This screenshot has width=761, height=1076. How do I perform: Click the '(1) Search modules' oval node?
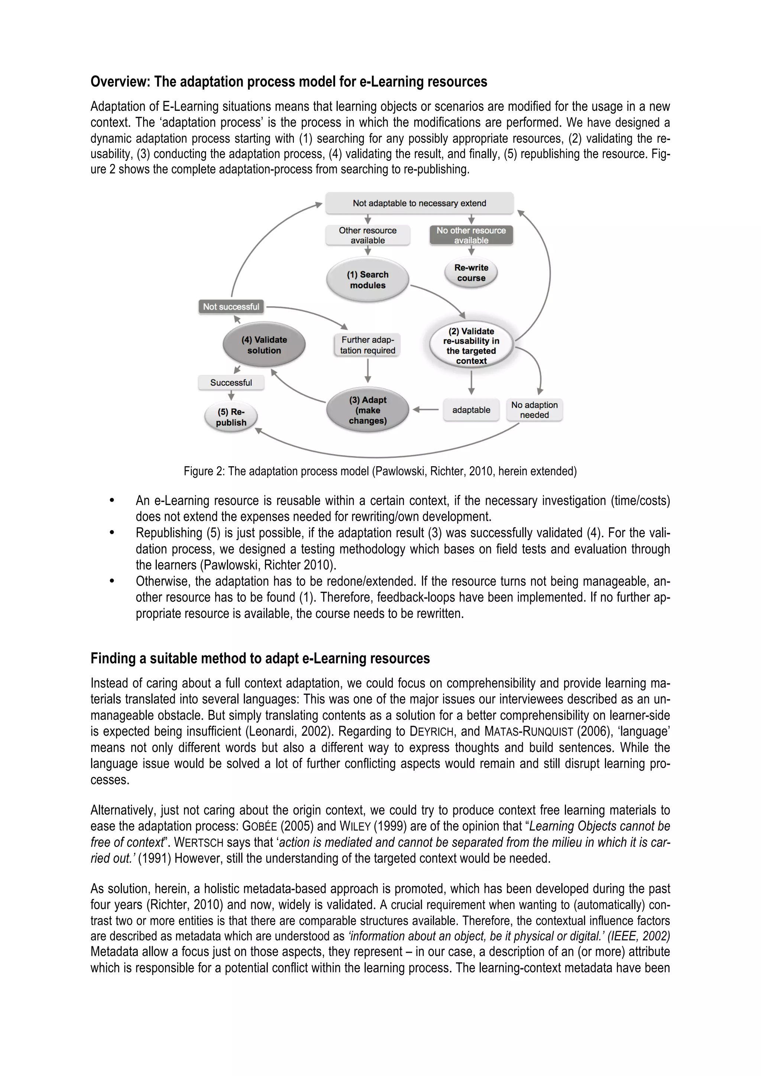(x=367, y=280)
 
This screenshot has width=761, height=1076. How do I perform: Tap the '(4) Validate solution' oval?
(x=264, y=345)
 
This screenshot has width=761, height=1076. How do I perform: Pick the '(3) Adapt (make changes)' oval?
(x=367, y=410)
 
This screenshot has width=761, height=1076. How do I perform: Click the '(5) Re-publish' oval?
(x=231, y=417)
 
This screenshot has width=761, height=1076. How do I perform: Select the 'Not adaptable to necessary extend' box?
(x=420, y=203)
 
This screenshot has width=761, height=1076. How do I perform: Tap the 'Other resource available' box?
(x=367, y=235)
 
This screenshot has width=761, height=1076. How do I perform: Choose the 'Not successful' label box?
(x=231, y=307)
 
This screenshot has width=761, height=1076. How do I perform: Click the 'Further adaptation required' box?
(x=367, y=345)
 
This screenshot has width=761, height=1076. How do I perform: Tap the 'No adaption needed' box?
(x=534, y=410)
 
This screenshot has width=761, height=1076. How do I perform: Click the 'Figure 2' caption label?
(x=204, y=471)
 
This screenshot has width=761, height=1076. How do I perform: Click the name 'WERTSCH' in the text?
(x=199, y=843)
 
